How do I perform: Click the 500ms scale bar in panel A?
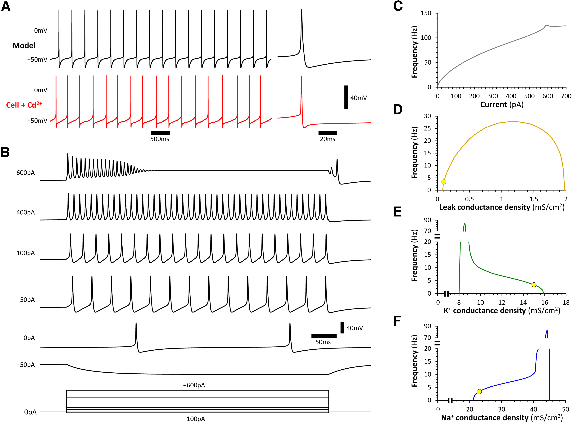pyautogui.click(x=160, y=133)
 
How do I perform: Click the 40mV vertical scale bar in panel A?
pyautogui.click(x=346, y=97)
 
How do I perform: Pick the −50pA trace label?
pyautogui.click(x=25, y=365)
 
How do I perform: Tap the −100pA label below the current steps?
pyautogui.click(x=194, y=419)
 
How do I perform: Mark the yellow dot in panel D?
pyautogui.click(x=444, y=182)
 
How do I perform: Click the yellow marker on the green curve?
pyautogui.click(x=534, y=285)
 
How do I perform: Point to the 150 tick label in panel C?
pyautogui.click(x=426, y=13)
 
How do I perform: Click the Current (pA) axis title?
pyautogui.click(x=502, y=104)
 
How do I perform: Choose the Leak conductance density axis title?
pyautogui.click(x=502, y=207)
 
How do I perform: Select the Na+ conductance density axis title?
pyautogui.click(x=502, y=418)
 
